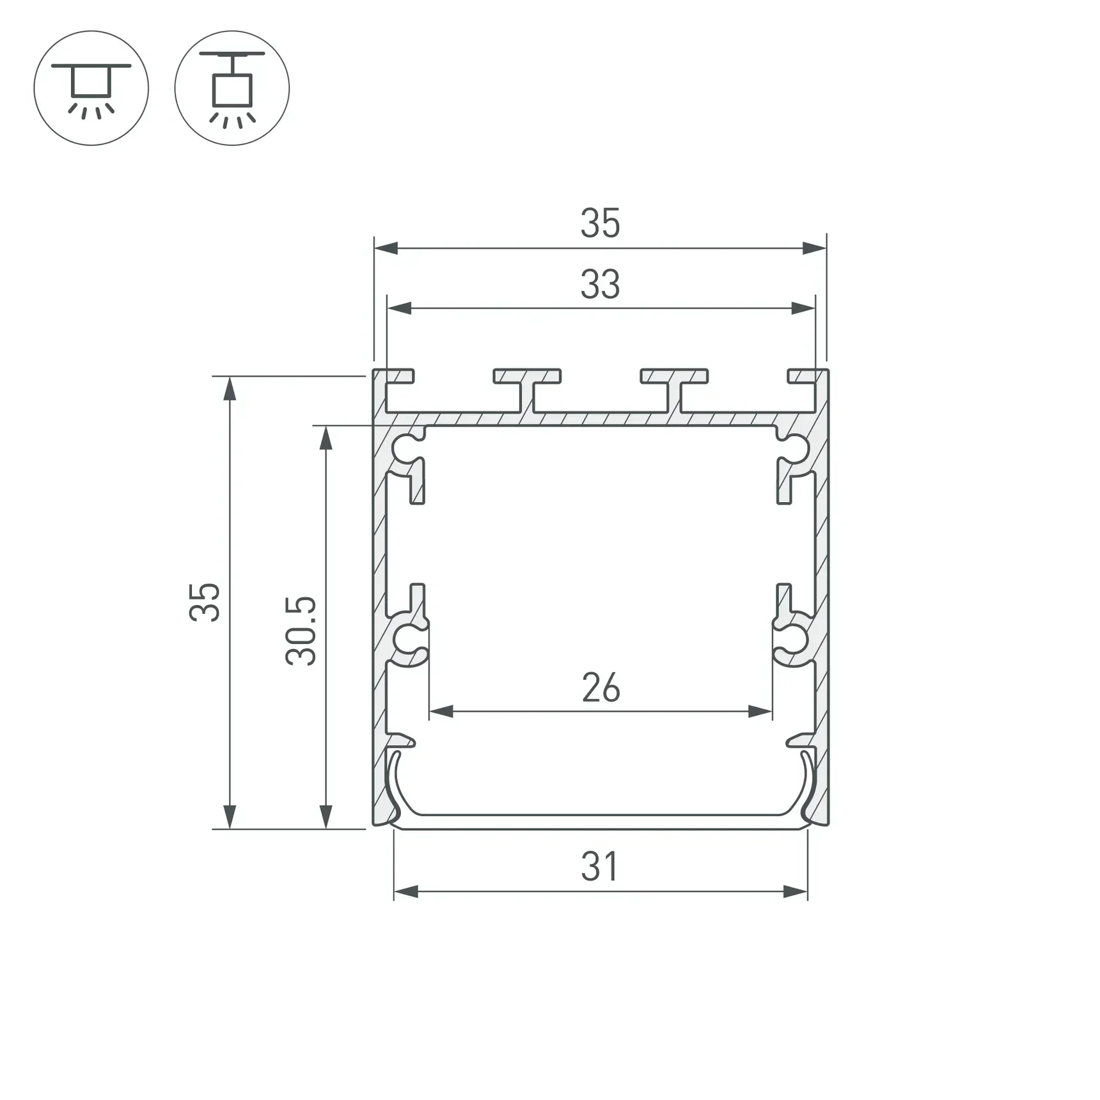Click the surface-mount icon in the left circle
91,88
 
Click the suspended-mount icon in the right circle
232,88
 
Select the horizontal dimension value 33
600,285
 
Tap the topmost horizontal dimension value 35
600,224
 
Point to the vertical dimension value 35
205,602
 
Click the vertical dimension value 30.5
301,631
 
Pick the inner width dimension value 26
601,688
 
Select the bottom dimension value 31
600,868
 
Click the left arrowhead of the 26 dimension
441,711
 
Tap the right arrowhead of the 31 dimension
796,892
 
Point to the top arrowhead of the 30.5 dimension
326,438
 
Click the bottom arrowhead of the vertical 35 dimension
229,817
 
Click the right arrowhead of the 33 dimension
803,308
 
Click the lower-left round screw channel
405,640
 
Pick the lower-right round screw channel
796,640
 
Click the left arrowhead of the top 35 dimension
386,248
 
